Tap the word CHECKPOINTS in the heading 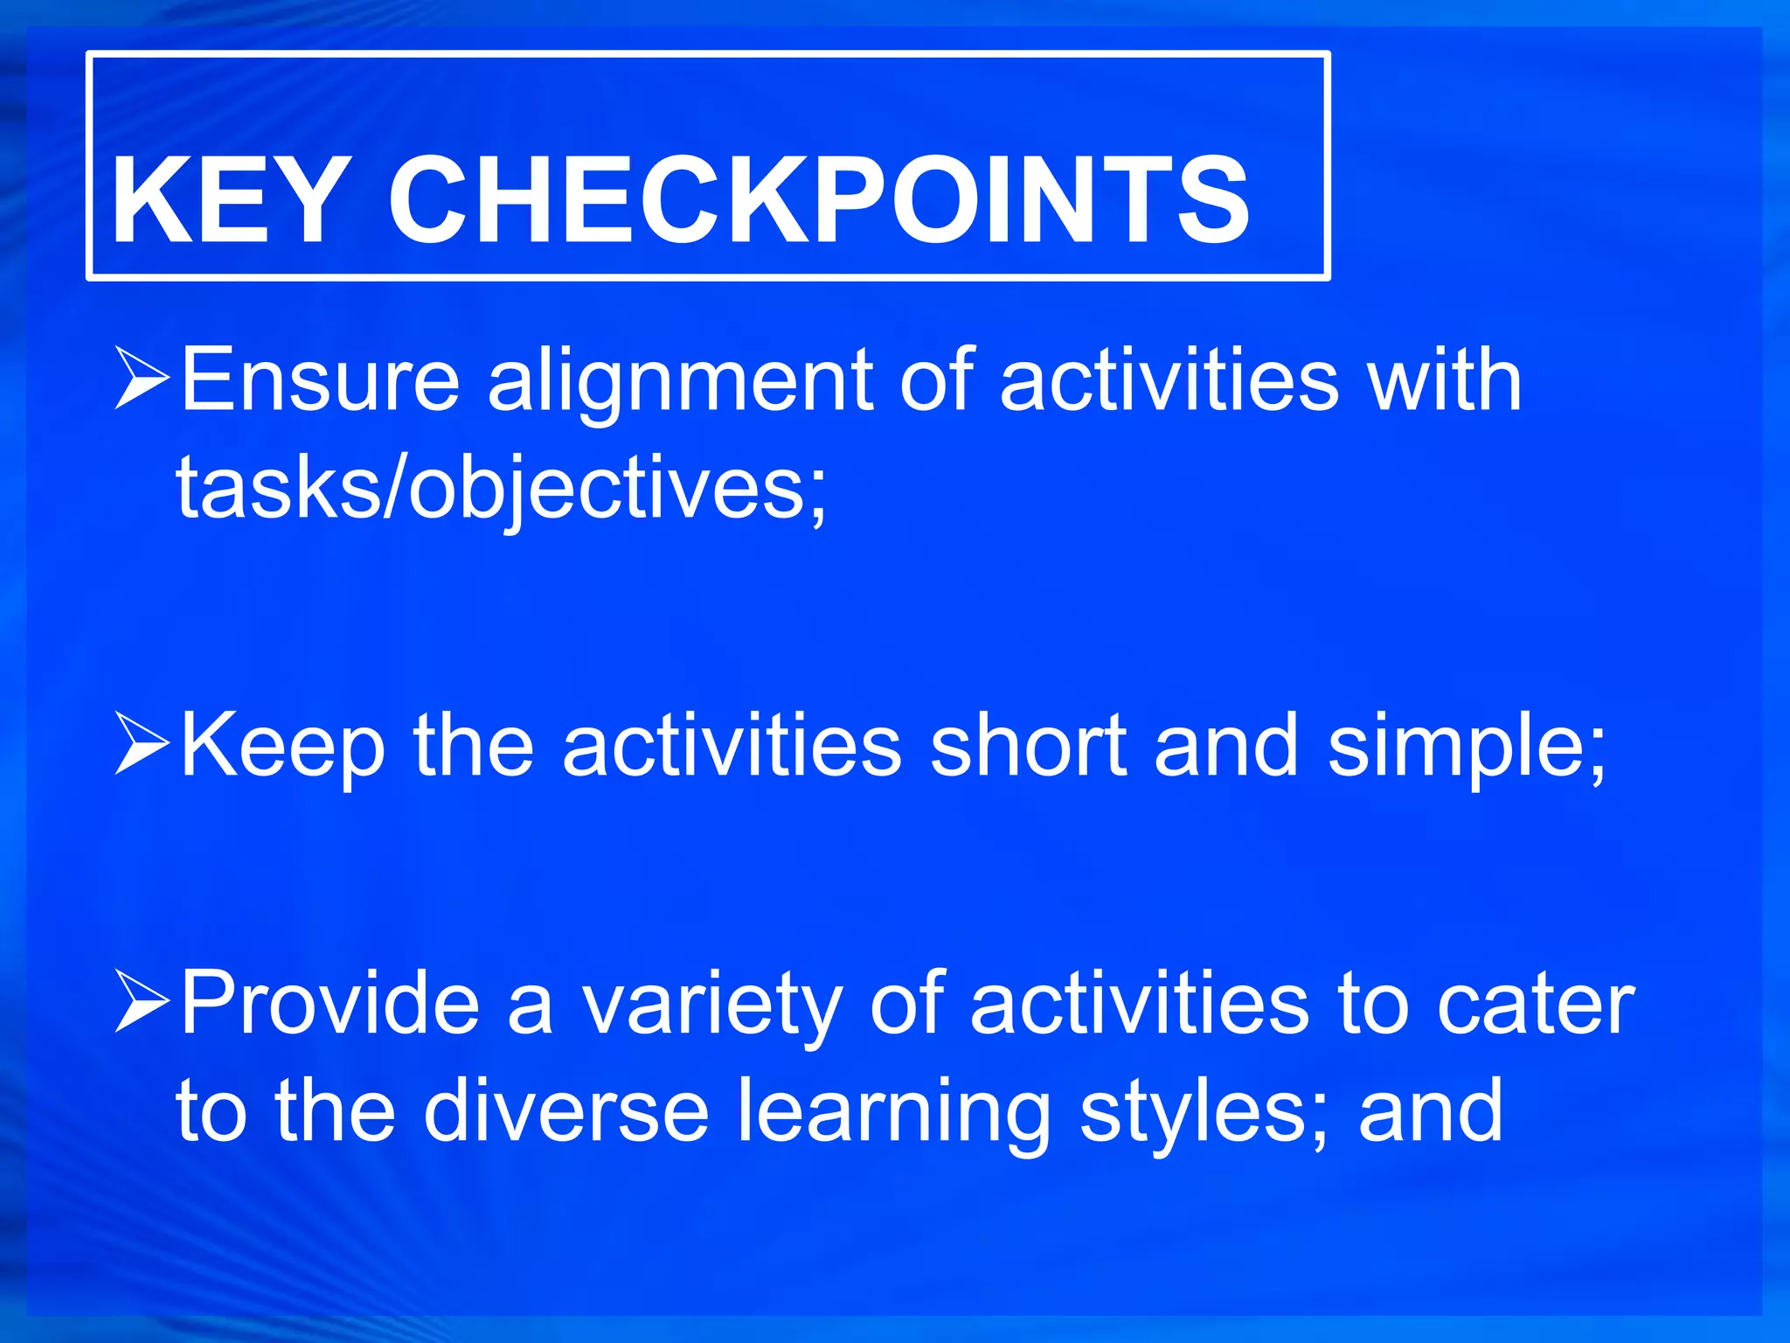(819, 201)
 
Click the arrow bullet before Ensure (142, 378)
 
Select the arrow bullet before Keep (142, 743)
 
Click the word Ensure (320, 379)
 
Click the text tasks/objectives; (501, 490)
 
